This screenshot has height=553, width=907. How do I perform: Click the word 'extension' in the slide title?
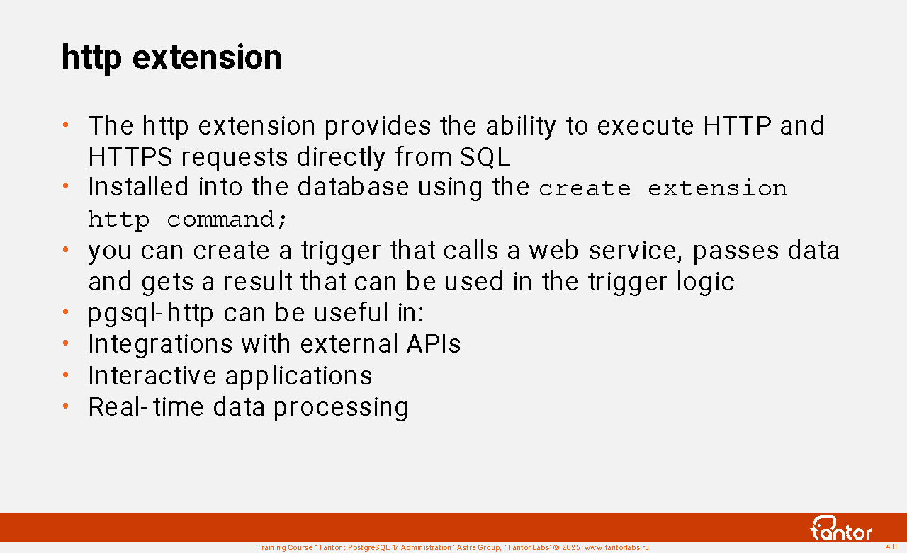207,57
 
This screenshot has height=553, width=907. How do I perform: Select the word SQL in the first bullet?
485,156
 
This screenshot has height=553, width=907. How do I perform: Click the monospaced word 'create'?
585,188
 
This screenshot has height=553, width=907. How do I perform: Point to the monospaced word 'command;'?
227,220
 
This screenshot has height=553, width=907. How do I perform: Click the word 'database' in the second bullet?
353,187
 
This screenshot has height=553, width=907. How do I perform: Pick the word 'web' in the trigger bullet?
554,251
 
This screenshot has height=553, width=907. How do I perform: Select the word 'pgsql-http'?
151,314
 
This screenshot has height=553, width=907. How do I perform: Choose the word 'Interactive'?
152,375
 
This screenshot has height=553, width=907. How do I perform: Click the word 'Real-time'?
146,406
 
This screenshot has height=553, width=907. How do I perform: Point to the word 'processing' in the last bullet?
341,408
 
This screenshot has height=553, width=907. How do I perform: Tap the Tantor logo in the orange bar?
840,528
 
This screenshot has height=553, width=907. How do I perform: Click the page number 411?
891,547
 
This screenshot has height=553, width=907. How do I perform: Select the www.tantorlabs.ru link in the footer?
616,547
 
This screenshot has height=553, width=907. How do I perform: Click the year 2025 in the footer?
571,547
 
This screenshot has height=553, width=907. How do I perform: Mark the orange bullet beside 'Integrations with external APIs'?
66,343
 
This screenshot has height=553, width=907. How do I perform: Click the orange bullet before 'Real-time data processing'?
66,406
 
